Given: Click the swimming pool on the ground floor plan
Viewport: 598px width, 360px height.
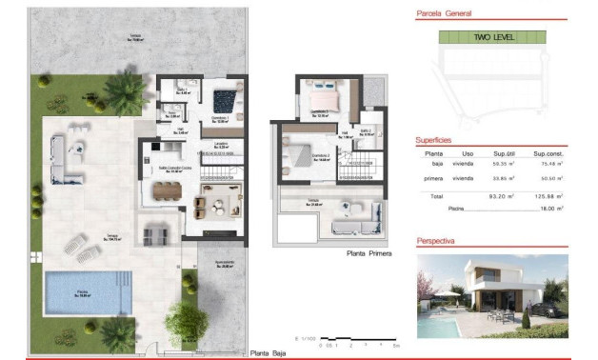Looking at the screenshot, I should (x=86, y=288).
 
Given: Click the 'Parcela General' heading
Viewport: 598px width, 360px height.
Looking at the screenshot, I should (x=445, y=14).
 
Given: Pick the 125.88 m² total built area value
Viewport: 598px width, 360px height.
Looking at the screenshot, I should (x=548, y=196).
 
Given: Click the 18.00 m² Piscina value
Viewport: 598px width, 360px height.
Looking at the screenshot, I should (x=548, y=207).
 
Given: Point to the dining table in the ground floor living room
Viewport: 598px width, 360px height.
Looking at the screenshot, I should (x=171, y=190).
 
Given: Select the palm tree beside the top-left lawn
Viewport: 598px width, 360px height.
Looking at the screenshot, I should (x=122, y=92).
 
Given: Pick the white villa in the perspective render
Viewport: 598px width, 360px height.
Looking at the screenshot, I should (x=485, y=287).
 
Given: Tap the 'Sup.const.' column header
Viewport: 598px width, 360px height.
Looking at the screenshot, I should (x=548, y=153).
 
